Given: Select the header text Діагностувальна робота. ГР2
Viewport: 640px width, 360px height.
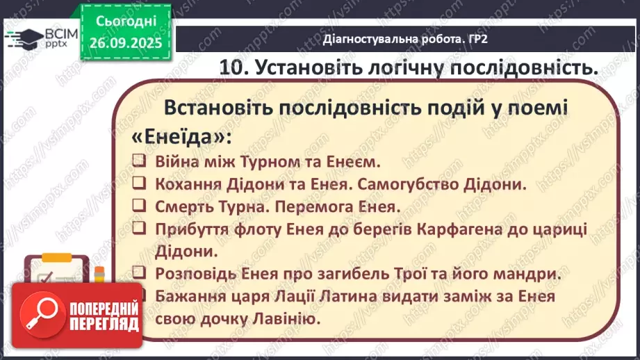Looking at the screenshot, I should (x=405, y=38).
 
